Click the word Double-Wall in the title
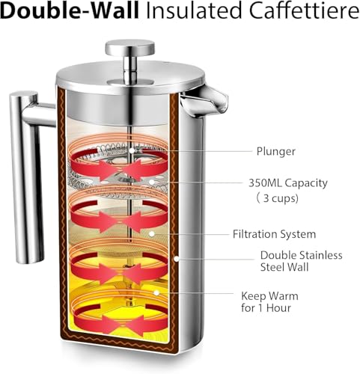70,10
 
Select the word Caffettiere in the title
305,10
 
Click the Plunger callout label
276,151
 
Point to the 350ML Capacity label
288,183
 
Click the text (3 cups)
278,198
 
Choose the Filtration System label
274,234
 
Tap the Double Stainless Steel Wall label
301,261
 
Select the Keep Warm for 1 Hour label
269,302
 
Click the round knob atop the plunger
129,47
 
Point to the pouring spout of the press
207,99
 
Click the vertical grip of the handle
25,177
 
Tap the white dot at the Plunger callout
132,150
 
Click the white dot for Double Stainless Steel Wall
177,259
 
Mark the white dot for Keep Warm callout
156,292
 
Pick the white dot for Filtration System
151,234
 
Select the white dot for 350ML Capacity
151,183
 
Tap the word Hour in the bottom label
278,308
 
